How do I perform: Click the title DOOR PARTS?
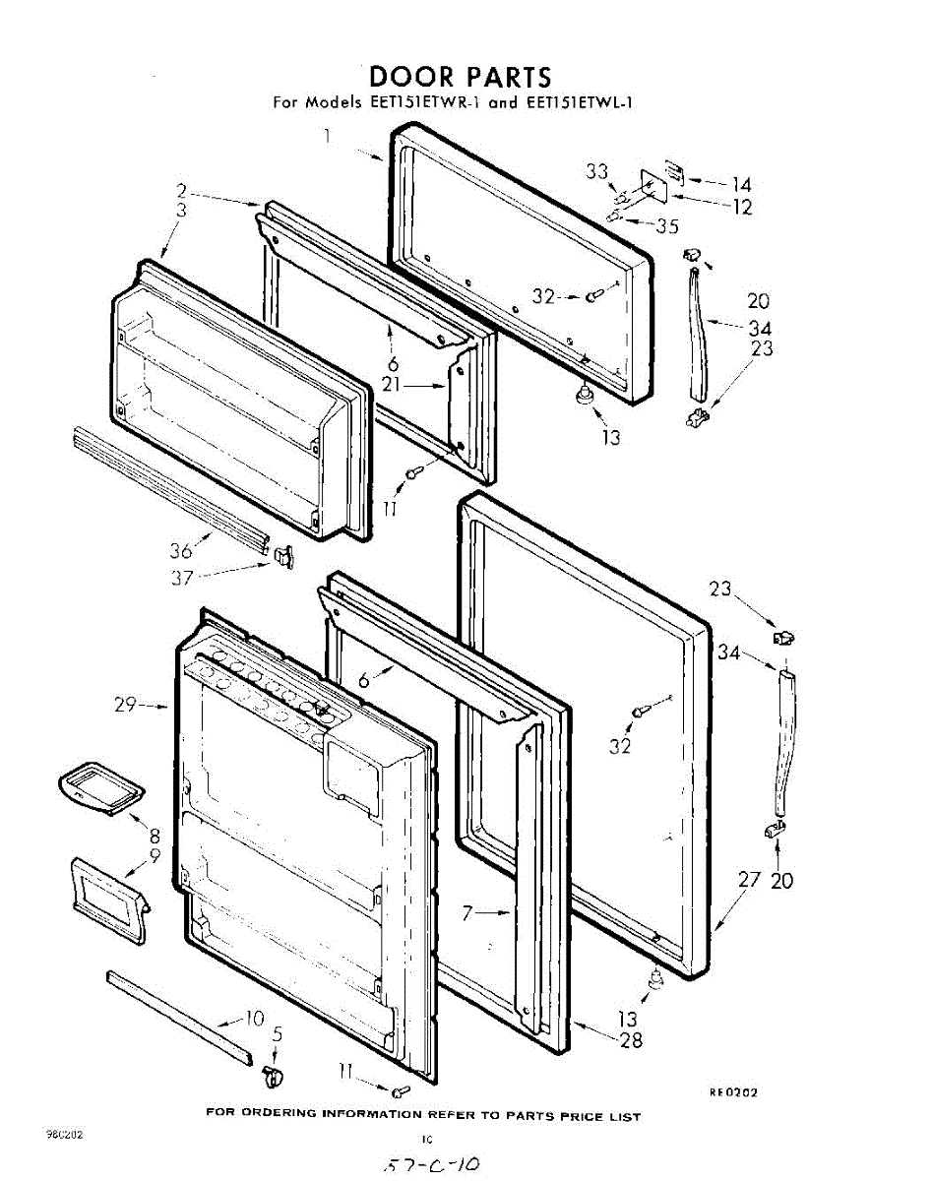coord(460,77)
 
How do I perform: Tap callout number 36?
coord(181,551)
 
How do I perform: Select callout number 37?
coord(181,578)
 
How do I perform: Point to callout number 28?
coord(631,1040)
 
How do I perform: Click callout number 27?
coord(750,879)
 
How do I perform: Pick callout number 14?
coord(741,184)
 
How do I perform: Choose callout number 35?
coord(667,226)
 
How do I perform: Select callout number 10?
coord(255,1018)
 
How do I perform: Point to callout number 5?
coord(278,1034)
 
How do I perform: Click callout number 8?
coord(155,836)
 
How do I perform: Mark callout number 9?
coord(155,855)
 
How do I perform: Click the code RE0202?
coord(733,1091)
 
